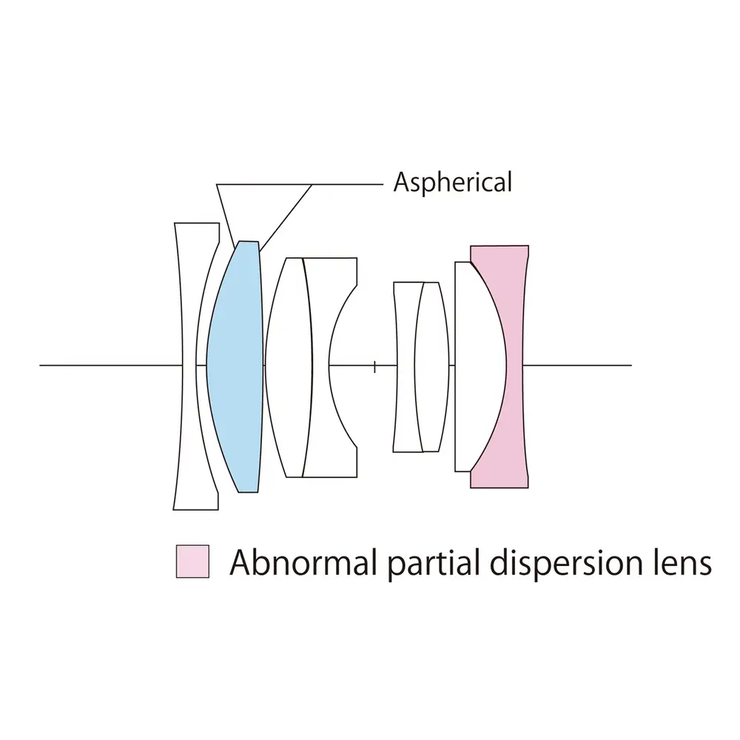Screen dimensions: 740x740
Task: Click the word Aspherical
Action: (x=452, y=182)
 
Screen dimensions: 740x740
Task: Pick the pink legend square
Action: (x=192, y=562)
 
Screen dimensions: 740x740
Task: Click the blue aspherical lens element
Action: (x=235, y=366)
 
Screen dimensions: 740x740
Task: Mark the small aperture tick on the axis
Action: (x=375, y=366)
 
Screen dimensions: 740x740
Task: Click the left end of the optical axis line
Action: (x=42, y=365)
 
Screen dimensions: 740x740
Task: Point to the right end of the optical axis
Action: (x=630, y=365)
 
